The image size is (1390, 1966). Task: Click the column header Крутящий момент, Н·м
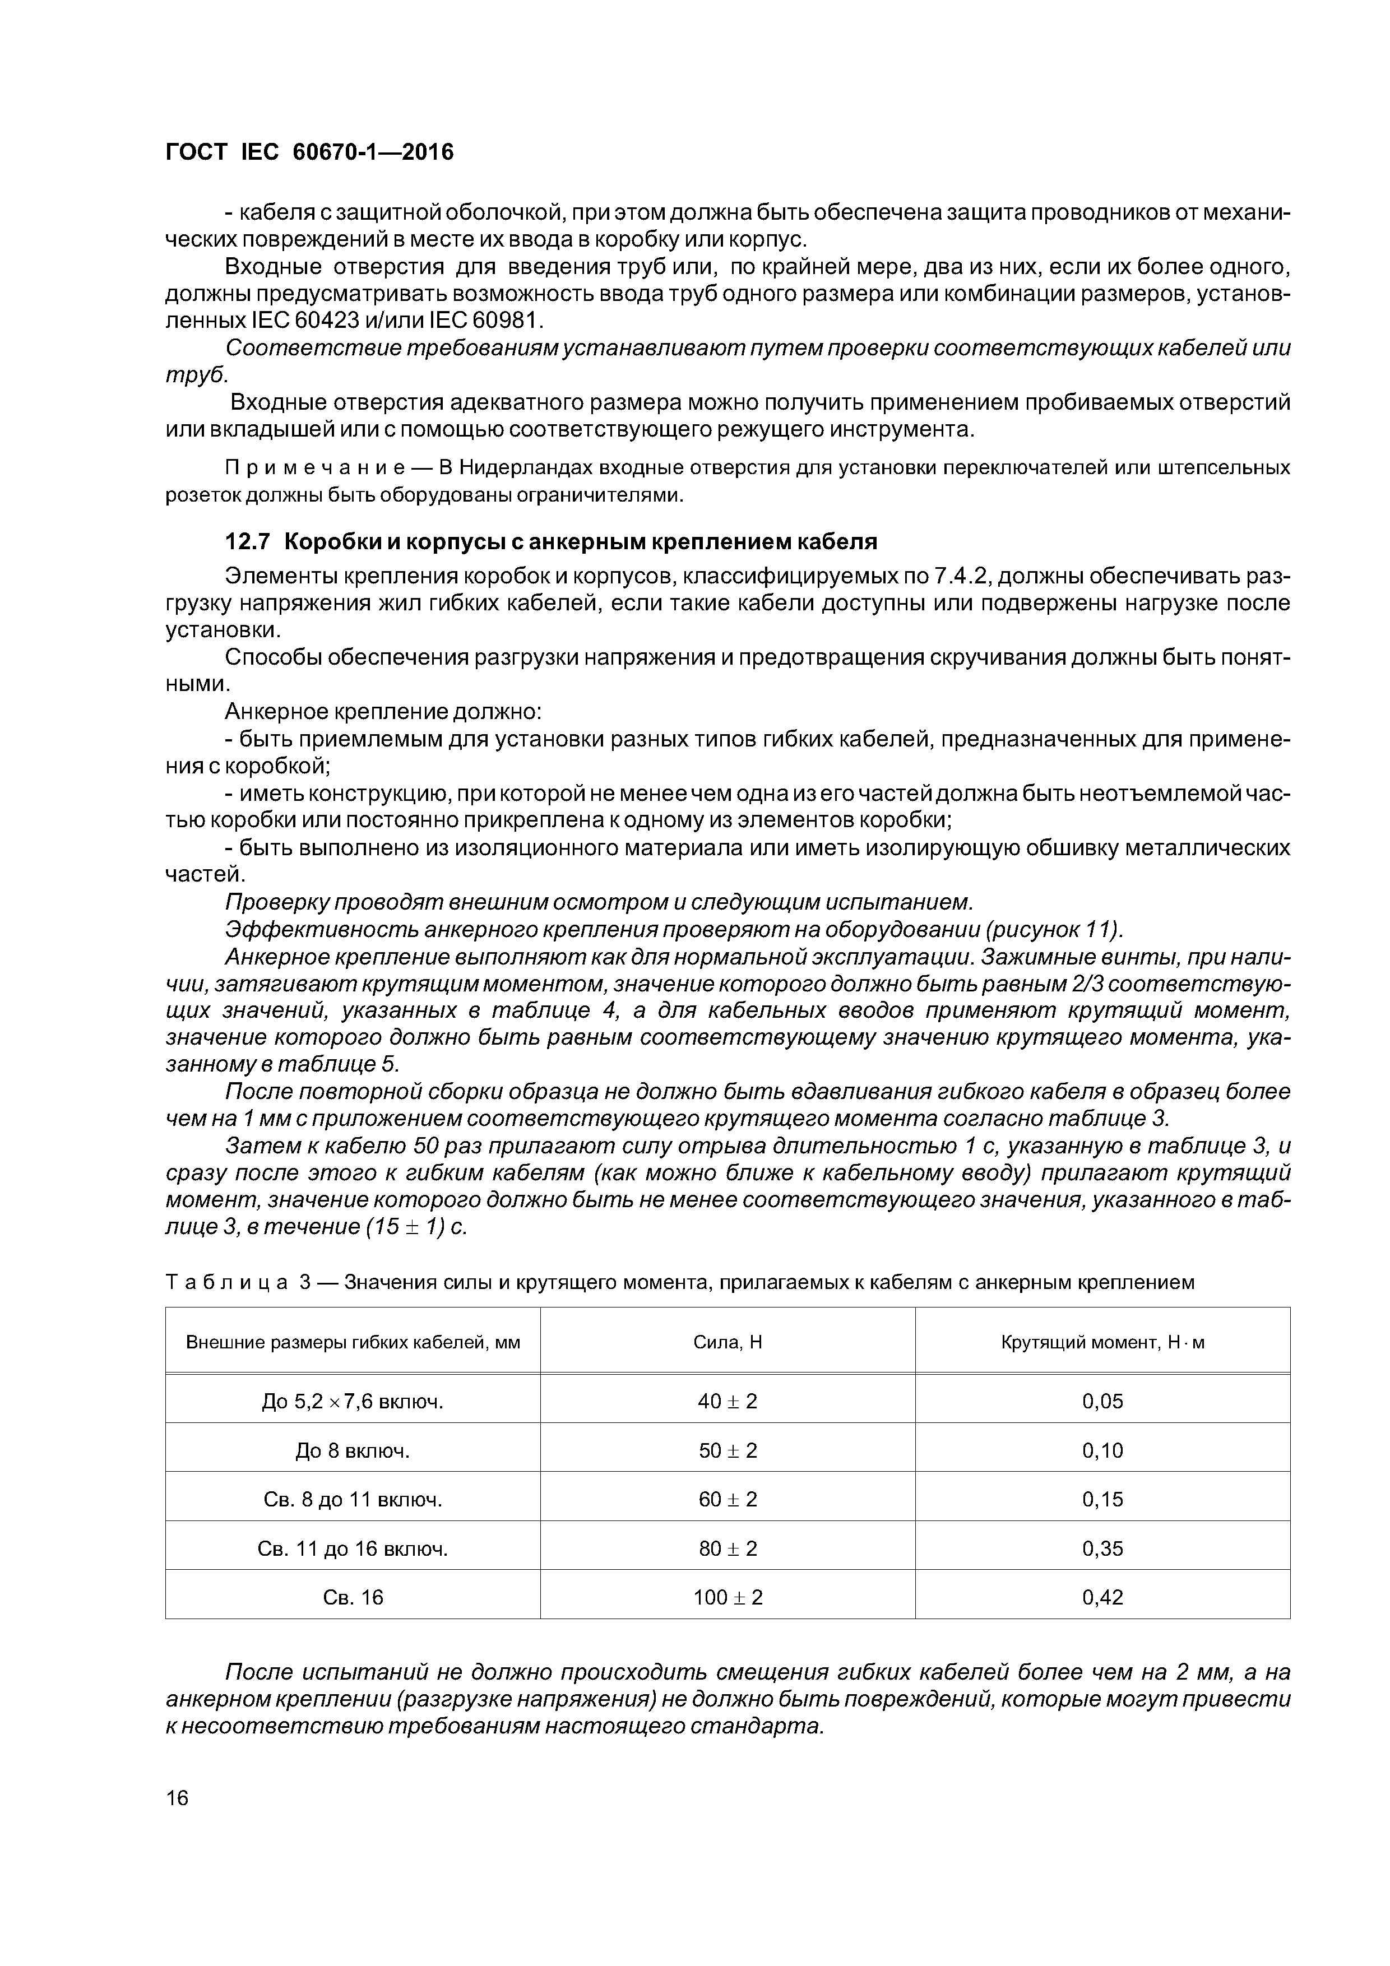pyautogui.click(x=1102, y=1342)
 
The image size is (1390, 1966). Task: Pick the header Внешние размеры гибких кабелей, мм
pyautogui.click(x=353, y=1342)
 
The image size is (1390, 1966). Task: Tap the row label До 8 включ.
pyautogui.click(x=353, y=1450)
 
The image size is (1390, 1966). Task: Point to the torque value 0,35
pyautogui.click(x=1102, y=1548)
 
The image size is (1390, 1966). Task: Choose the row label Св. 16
pyautogui.click(x=353, y=1597)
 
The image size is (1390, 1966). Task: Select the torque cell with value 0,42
pyautogui.click(x=1102, y=1597)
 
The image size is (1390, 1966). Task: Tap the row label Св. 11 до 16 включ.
pyautogui.click(x=353, y=1548)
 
